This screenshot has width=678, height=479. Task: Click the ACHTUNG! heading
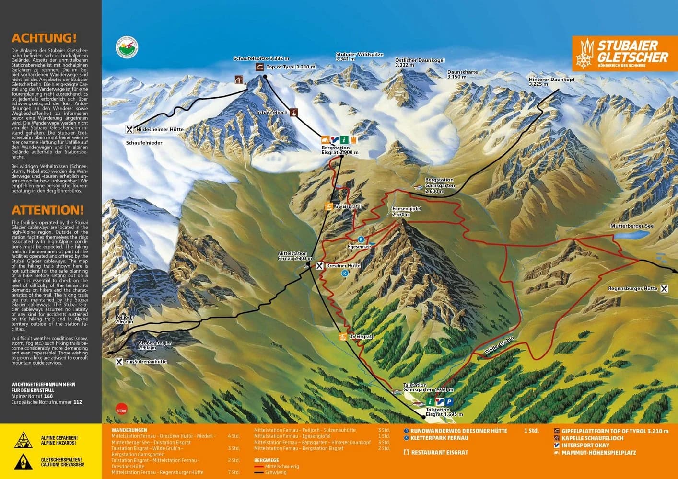44,38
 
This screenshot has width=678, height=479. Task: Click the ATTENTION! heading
47,210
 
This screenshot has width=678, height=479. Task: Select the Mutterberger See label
631,226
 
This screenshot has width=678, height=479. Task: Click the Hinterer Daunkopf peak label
551,81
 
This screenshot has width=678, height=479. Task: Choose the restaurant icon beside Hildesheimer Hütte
129,129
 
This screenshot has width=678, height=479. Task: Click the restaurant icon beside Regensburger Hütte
664,288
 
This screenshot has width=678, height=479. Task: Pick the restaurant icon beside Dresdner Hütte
319,265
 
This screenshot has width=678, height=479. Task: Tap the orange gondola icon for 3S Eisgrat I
343,337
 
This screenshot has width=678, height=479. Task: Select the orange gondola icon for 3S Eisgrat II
328,206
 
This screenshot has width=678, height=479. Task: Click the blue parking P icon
449,402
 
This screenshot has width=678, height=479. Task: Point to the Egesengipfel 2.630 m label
407,211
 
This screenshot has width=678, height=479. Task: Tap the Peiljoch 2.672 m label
124,319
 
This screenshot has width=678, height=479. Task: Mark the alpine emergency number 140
48,396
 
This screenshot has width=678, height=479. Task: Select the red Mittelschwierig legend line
259,467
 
